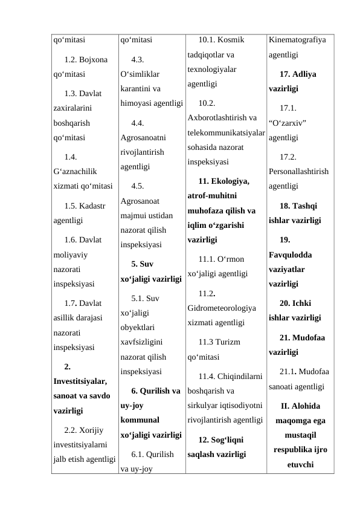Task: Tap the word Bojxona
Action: [x=94, y=61]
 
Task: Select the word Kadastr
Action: [x=93, y=206]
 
